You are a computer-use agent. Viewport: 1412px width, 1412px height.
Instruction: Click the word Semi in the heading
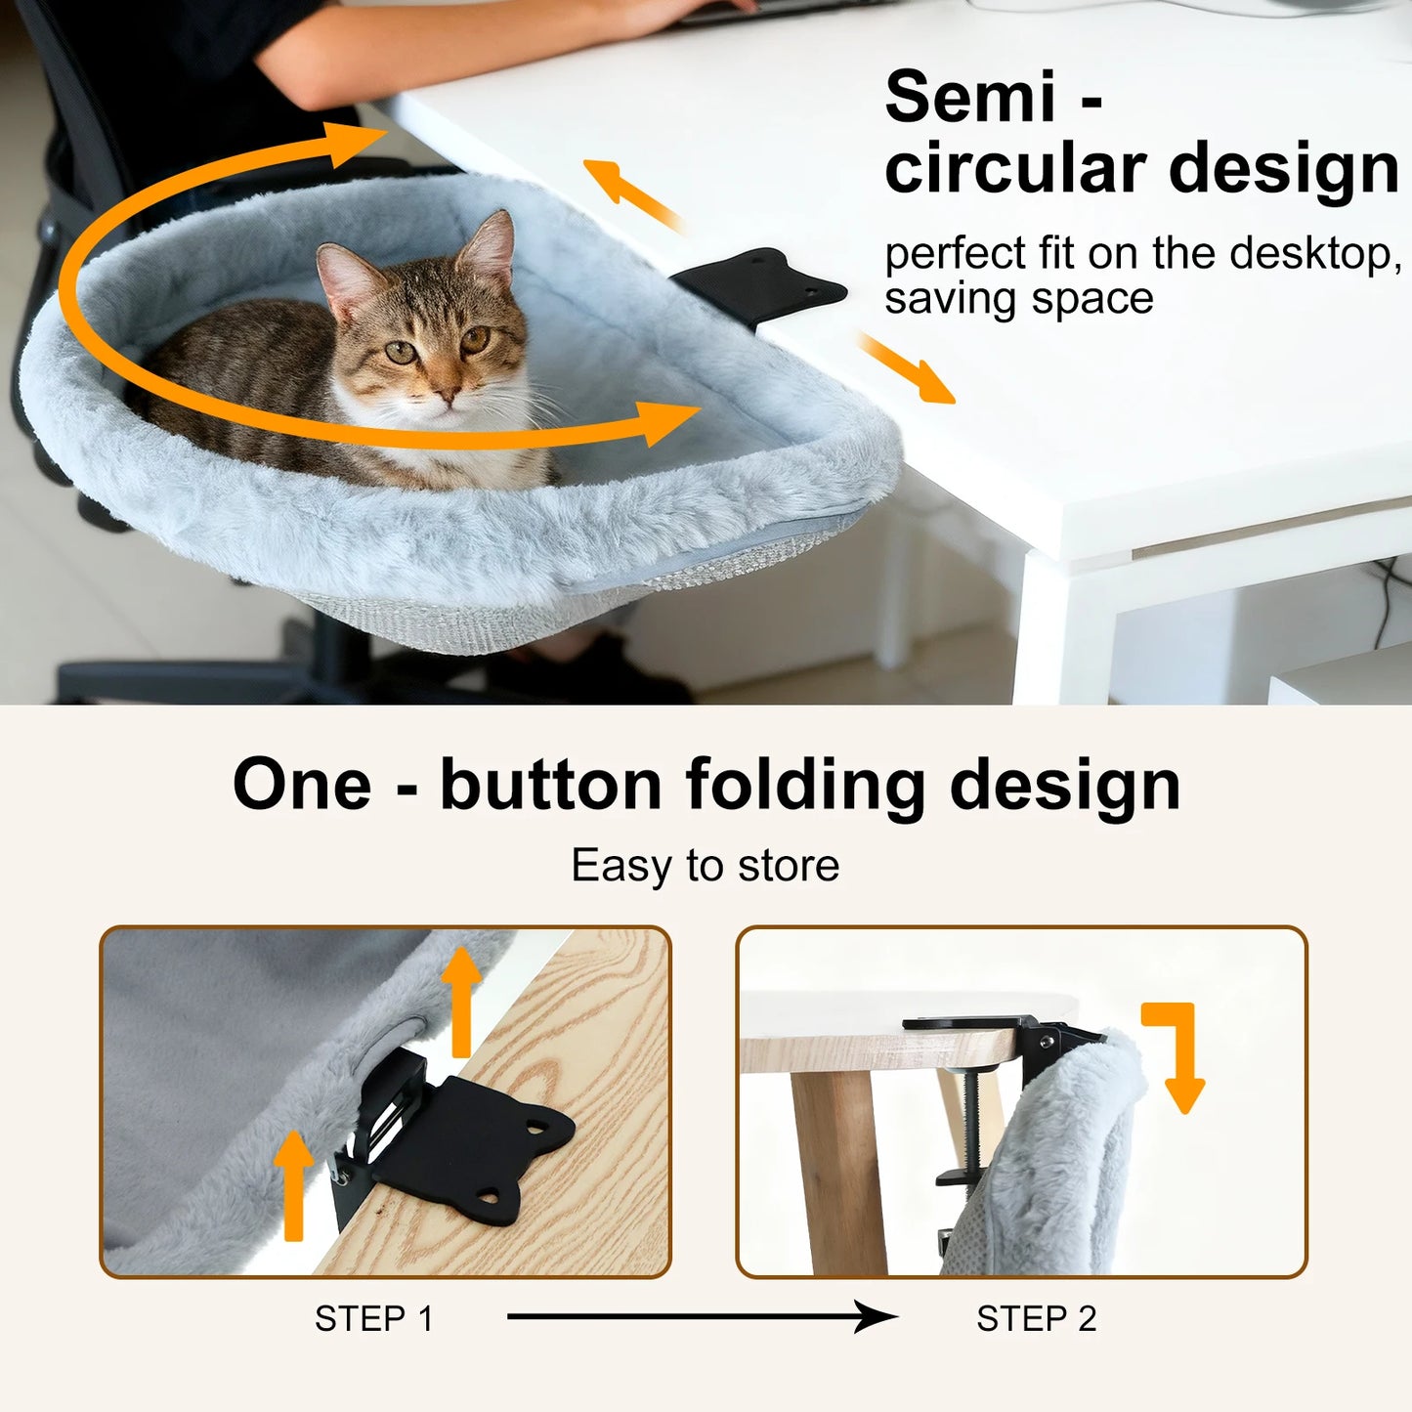970,98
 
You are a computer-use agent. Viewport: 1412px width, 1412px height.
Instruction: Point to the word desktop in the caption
1309,254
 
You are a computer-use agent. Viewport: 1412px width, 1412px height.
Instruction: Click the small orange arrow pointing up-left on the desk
630,194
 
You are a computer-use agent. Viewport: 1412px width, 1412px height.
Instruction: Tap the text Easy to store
705,866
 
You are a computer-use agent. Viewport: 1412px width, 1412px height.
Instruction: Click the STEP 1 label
373,1318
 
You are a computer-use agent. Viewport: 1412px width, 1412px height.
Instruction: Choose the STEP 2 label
1036,1318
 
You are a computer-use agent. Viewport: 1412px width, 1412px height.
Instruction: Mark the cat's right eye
401,353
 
